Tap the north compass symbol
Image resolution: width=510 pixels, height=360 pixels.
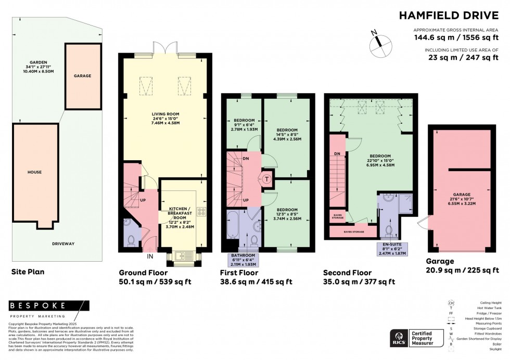[379, 44]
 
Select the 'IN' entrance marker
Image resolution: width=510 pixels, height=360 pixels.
[150, 256]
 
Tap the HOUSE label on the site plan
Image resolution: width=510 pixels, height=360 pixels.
[35, 172]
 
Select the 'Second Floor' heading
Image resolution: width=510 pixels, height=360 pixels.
[347, 273]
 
